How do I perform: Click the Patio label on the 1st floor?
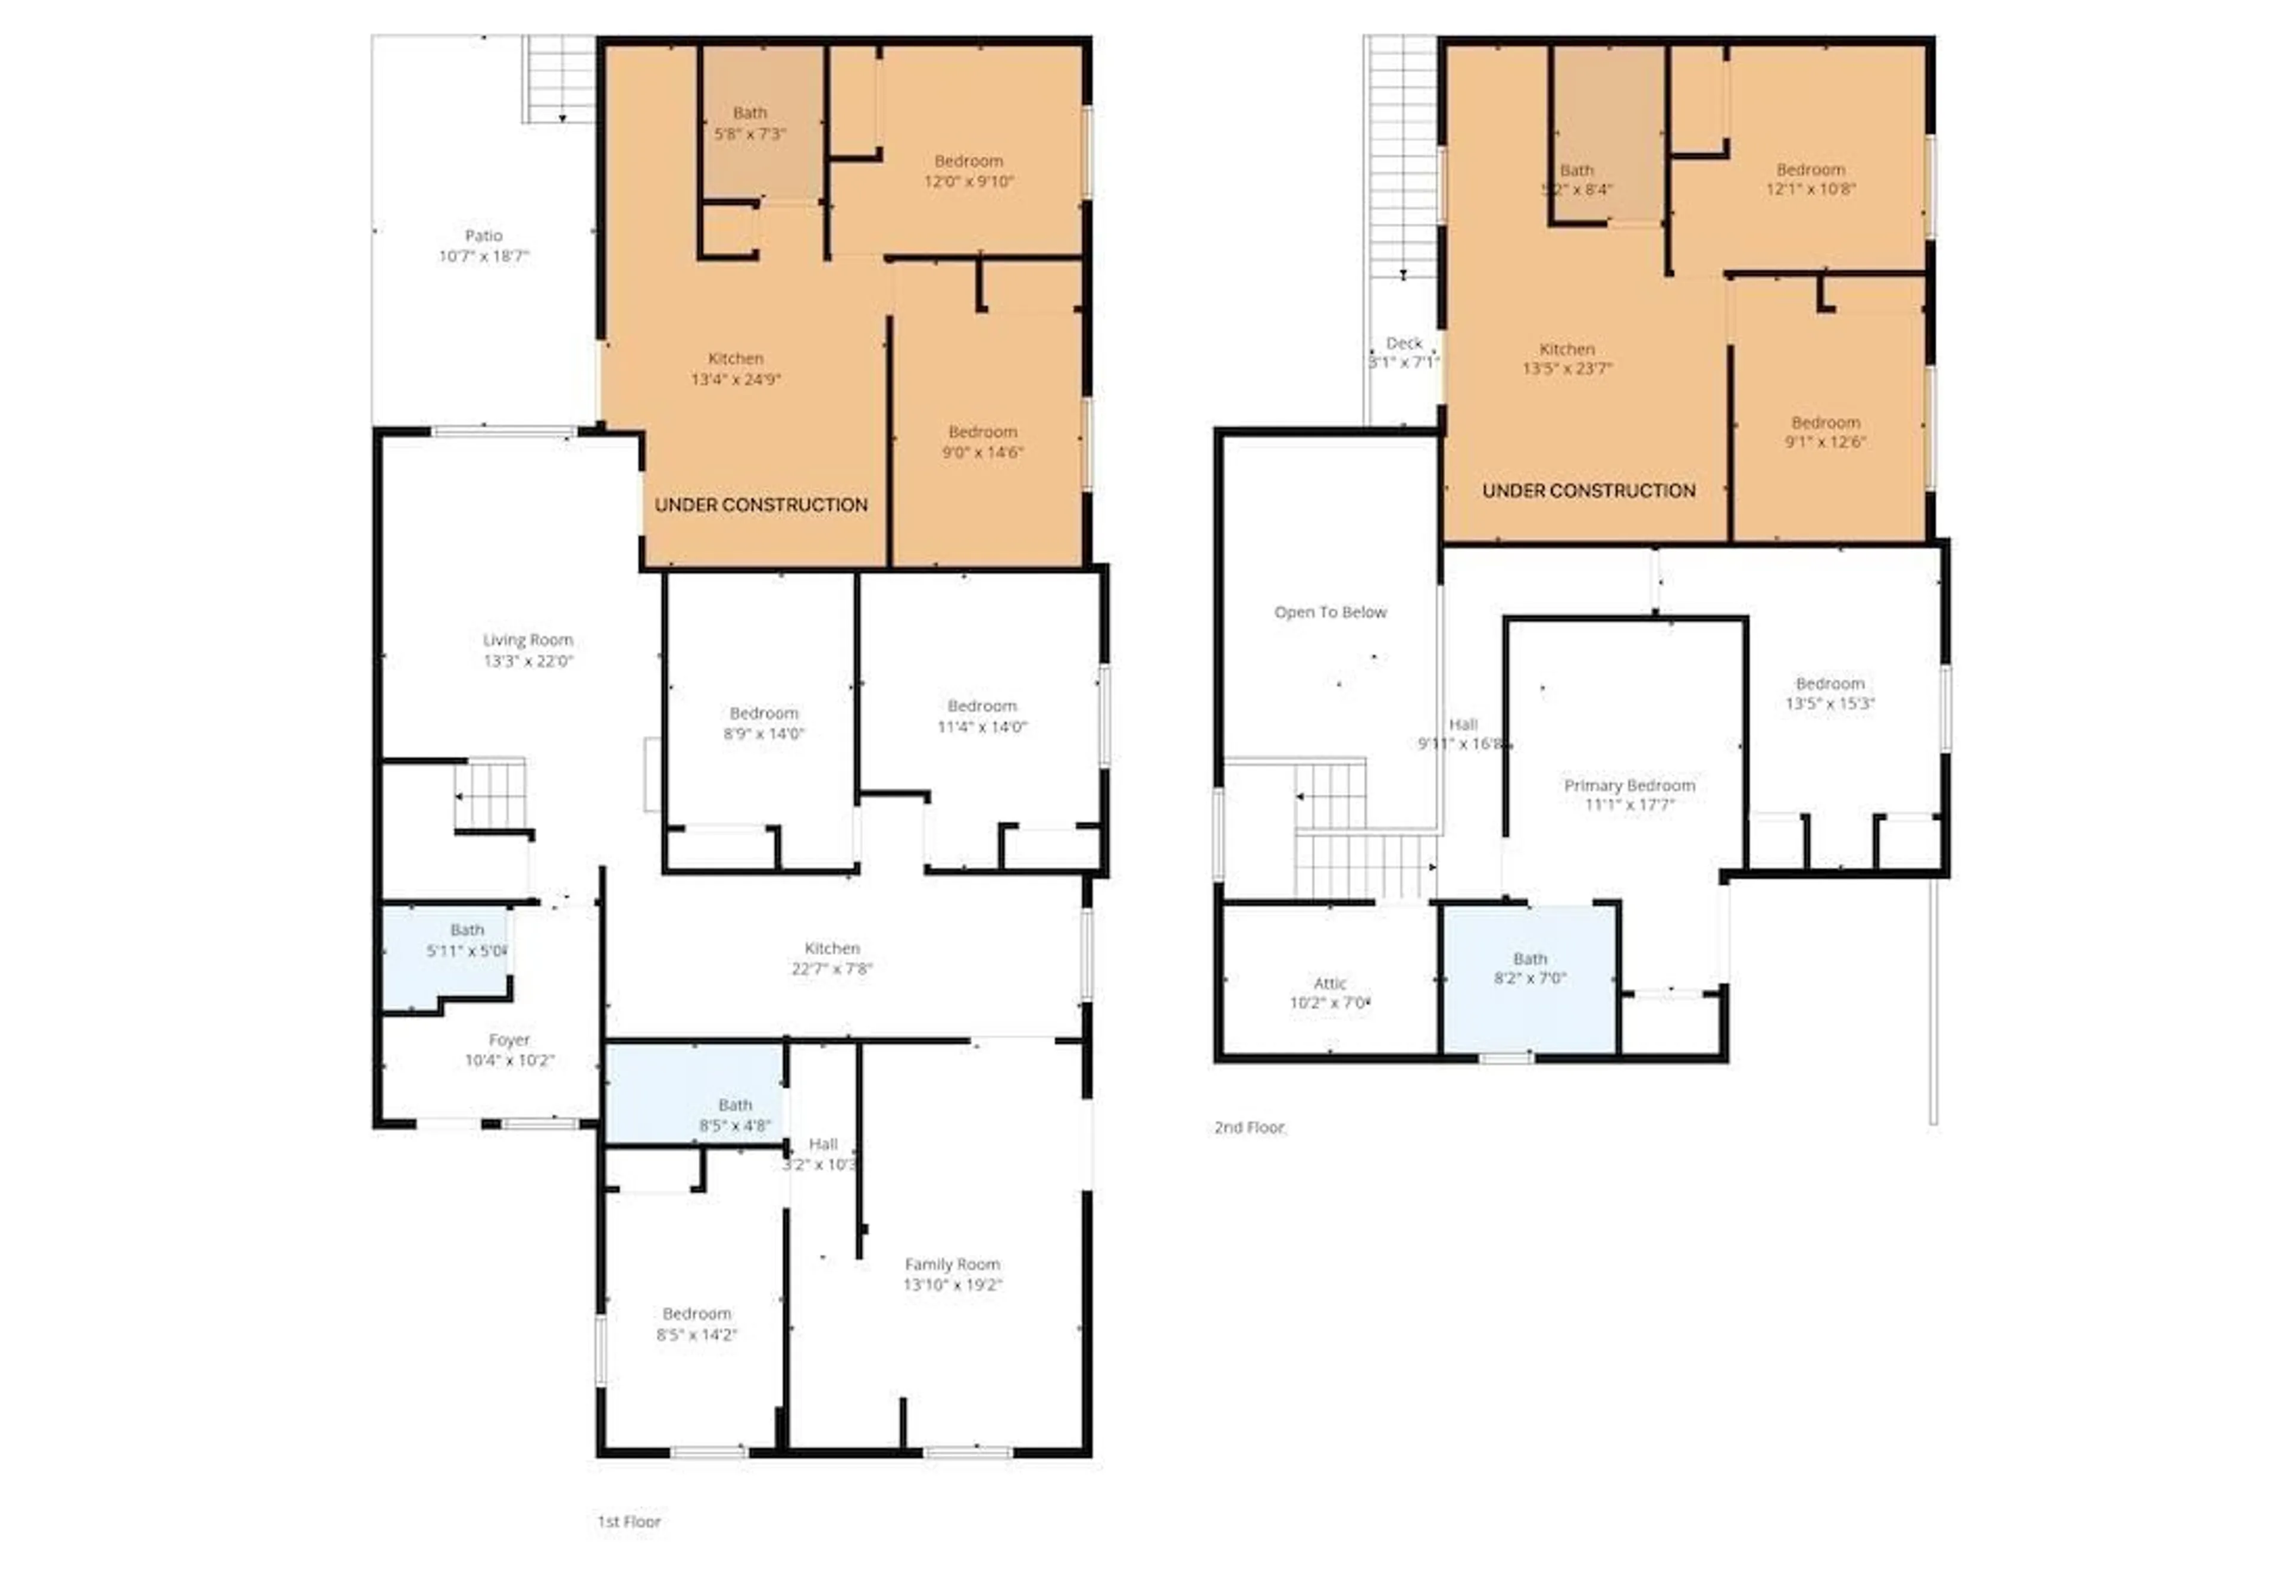click(483, 235)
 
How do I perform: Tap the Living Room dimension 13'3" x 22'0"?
click(528, 661)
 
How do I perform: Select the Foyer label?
click(509, 1039)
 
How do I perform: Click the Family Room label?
click(951, 1264)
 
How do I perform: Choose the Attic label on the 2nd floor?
click(1329, 983)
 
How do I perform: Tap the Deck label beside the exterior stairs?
click(1403, 343)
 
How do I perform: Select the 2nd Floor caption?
click(1249, 1127)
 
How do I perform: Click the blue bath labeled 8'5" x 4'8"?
click(734, 1115)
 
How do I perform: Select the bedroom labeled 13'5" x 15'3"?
click(1829, 694)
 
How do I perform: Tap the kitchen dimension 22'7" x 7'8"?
click(831, 969)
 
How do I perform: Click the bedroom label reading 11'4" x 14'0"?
click(981, 716)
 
